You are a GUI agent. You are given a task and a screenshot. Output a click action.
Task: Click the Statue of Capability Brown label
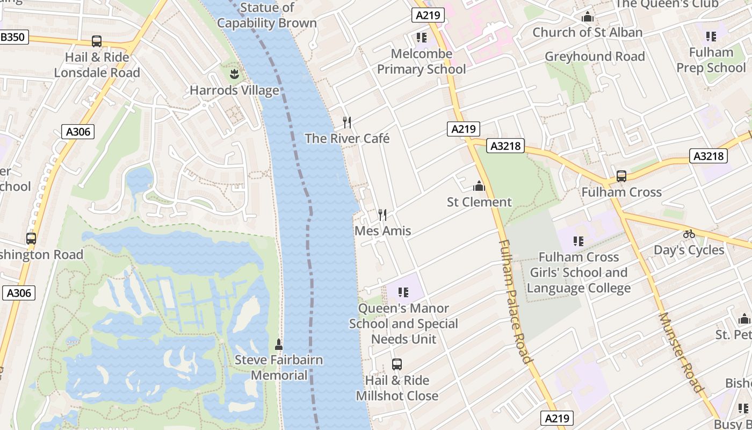pyautogui.click(x=267, y=16)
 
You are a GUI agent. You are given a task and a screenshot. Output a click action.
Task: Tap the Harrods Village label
pyautogui.click(x=234, y=90)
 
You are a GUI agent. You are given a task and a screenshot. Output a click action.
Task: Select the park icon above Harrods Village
pyautogui.click(x=234, y=73)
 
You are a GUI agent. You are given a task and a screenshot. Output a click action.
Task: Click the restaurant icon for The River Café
pyautogui.click(x=347, y=123)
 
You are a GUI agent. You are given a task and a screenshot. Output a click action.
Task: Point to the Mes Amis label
pyautogui.click(x=382, y=231)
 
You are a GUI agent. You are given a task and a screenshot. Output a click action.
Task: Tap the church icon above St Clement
pyautogui.click(x=479, y=187)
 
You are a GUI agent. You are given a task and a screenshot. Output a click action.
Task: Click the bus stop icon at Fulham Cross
pyautogui.click(x=621, y=176)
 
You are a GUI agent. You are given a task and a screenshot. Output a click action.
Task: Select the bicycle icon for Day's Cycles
pyautogui.click(x=689, y=234)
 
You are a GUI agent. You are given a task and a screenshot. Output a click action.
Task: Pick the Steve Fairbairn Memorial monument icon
pyautogui.click(x=278, y=343)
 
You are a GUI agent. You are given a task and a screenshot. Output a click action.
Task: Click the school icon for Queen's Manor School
pyautogui.click(x=403, y=292)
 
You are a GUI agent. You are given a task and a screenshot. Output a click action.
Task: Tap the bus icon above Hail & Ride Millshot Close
pyautogui.click(x=397, y=364)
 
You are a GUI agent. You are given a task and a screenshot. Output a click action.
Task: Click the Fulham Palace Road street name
pyautogui.click(x=515, y=301)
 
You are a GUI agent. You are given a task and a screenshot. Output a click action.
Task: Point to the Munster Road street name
pyautogui.click(x=680, y=352)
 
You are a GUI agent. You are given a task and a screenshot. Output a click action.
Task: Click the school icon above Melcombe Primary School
pyautogui.click(x=421, y=38)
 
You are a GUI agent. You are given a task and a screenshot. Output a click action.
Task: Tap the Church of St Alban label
pyautogui.click(x=587, y=32)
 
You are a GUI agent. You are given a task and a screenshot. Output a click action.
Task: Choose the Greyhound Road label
pyautogui.click(x=595, y=56)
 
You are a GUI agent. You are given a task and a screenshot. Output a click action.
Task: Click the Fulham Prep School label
pyautogui.click(x=711, y=60)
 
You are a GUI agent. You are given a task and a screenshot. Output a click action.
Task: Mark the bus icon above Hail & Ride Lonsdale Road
pyautogui.click(x=97, y=41)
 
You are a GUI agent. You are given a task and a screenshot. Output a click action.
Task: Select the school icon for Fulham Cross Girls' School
pyautogui.click(x=578, y=241)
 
